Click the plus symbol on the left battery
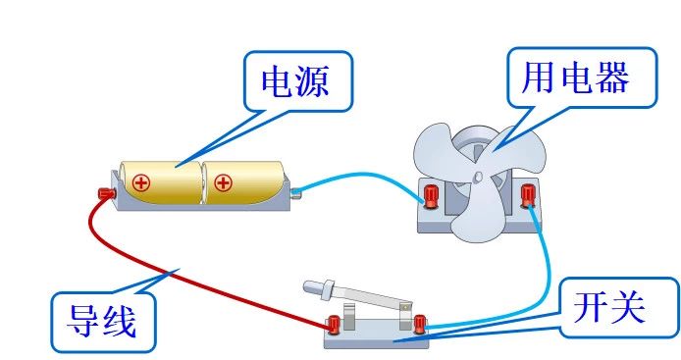coord(141,182)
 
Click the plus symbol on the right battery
coord(224,182)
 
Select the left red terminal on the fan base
coord(431,195)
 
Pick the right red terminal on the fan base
coord(529,193)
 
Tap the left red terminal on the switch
coord(335,322)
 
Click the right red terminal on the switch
coord(421,321)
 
